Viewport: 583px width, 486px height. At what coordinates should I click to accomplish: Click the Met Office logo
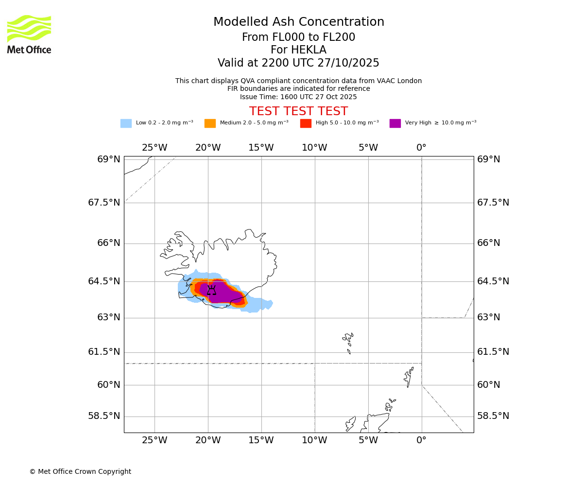[x=29, y=34]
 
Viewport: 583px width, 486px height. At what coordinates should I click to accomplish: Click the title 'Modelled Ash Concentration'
[x=298, y=22]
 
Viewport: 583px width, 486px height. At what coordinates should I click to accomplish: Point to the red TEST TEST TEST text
[x=298, y=111]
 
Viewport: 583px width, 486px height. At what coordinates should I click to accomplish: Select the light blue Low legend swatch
[x=126, y=123]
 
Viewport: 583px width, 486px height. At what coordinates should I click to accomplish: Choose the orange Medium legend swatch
[x=210, y=123]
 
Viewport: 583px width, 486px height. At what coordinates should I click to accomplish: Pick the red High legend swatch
[x=306, y=123]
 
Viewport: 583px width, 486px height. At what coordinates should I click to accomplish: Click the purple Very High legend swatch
[x=395, y=123]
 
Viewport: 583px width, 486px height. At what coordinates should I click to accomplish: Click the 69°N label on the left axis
[x=108, y=159]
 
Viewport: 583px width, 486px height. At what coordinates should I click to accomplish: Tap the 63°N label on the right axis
[x=488, y=317]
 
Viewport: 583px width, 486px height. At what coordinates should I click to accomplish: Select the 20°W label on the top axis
[x=208, y=148]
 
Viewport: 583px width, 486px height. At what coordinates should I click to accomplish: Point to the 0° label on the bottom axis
[x=421, y=441]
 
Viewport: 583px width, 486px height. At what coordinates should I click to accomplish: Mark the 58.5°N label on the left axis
[x=104, y=416]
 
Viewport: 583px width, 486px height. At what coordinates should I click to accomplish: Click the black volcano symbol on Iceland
[x=211, y=290]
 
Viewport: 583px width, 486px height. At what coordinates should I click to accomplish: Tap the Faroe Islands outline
[x=348, y=342]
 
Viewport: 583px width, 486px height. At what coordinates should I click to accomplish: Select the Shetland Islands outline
[x=408, y=377]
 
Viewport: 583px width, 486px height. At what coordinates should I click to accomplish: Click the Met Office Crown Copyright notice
[x=80, y=471]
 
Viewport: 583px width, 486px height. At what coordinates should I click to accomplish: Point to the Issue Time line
[x=298, y=97]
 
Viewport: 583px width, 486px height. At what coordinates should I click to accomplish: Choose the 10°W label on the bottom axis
[x=314, y=441]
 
